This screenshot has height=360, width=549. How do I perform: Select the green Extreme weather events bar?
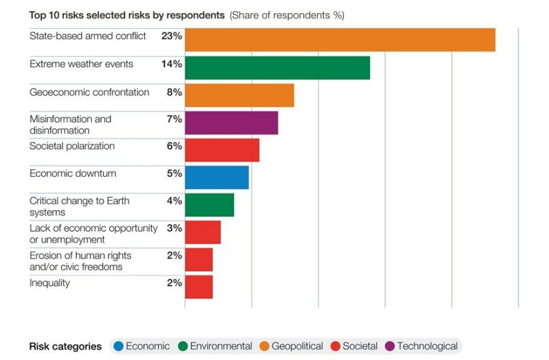pos(277,68)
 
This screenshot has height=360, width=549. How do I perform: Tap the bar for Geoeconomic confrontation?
pos(239,95)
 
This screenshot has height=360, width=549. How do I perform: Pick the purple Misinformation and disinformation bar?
pos(231,123)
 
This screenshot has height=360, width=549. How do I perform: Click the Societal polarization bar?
pos(222,150)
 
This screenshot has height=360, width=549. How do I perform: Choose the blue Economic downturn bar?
pos(216,178)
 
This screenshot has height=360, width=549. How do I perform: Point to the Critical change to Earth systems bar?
pos(209,205)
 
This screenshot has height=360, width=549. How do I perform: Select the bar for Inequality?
pos(198,287)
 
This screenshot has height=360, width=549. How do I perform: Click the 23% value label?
pos(172,36)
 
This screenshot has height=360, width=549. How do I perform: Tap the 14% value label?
pos(172,64)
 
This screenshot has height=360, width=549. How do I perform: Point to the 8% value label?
pos(174,92)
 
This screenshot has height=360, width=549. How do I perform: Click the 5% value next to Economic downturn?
pos(174,173)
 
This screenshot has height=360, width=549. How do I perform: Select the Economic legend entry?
pos(141,346)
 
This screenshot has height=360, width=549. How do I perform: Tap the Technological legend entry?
pos(421,346)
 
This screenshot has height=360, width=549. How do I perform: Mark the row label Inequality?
pos(49,283)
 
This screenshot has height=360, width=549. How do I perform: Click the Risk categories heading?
pos(65,346)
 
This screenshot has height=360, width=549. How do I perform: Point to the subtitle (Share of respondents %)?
pos(287,14)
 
